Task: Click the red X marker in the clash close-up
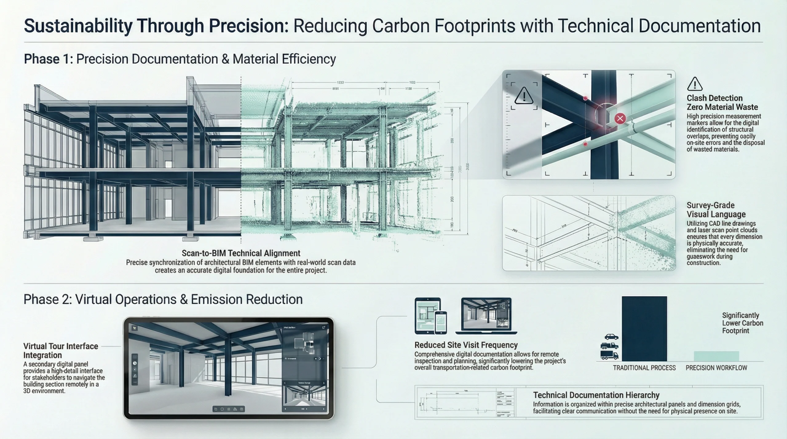click(x=620, y=118)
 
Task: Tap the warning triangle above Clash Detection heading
click(x=694, y=84)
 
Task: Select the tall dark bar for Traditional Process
click(x=644, y=328)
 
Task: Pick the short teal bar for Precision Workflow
click(x=716, y=356)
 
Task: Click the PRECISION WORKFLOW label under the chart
click(x=716, y=368)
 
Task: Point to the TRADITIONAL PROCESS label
click(x=644, y=368)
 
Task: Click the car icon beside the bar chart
click(x=611, y=337)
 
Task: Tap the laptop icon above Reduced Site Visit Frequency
click(x=486, y=316)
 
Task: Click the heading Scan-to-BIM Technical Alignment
click(x=241, y=253)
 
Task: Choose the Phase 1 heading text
click(x=180, y=59)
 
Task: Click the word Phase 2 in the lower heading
click(x=48, y=299)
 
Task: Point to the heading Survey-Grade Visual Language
click(x=716, y=210)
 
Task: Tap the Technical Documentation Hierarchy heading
click(x=596, y=395)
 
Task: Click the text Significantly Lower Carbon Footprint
click(x=742, y=323)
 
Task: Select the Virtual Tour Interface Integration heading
click(x=61, y=351)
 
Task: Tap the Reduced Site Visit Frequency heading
click(x=466, y=345)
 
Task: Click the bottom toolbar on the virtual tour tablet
click(x=228, y=409)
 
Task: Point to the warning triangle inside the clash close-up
click(x=524, y=96)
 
